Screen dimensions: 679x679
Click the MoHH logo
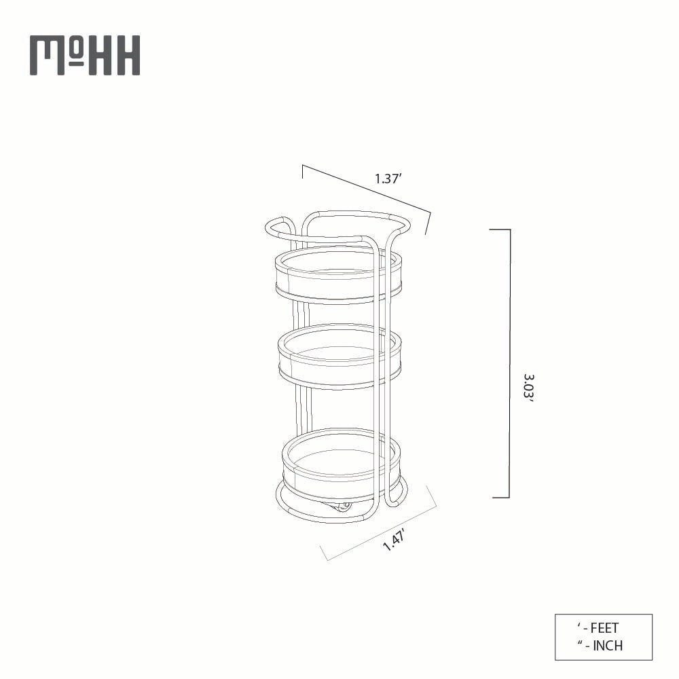[85, 56]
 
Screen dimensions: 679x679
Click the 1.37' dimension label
[389, 179]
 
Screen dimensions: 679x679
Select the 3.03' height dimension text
[529, 388]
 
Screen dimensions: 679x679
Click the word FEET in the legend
[604, 628]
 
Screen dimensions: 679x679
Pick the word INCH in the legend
[608, 646]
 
